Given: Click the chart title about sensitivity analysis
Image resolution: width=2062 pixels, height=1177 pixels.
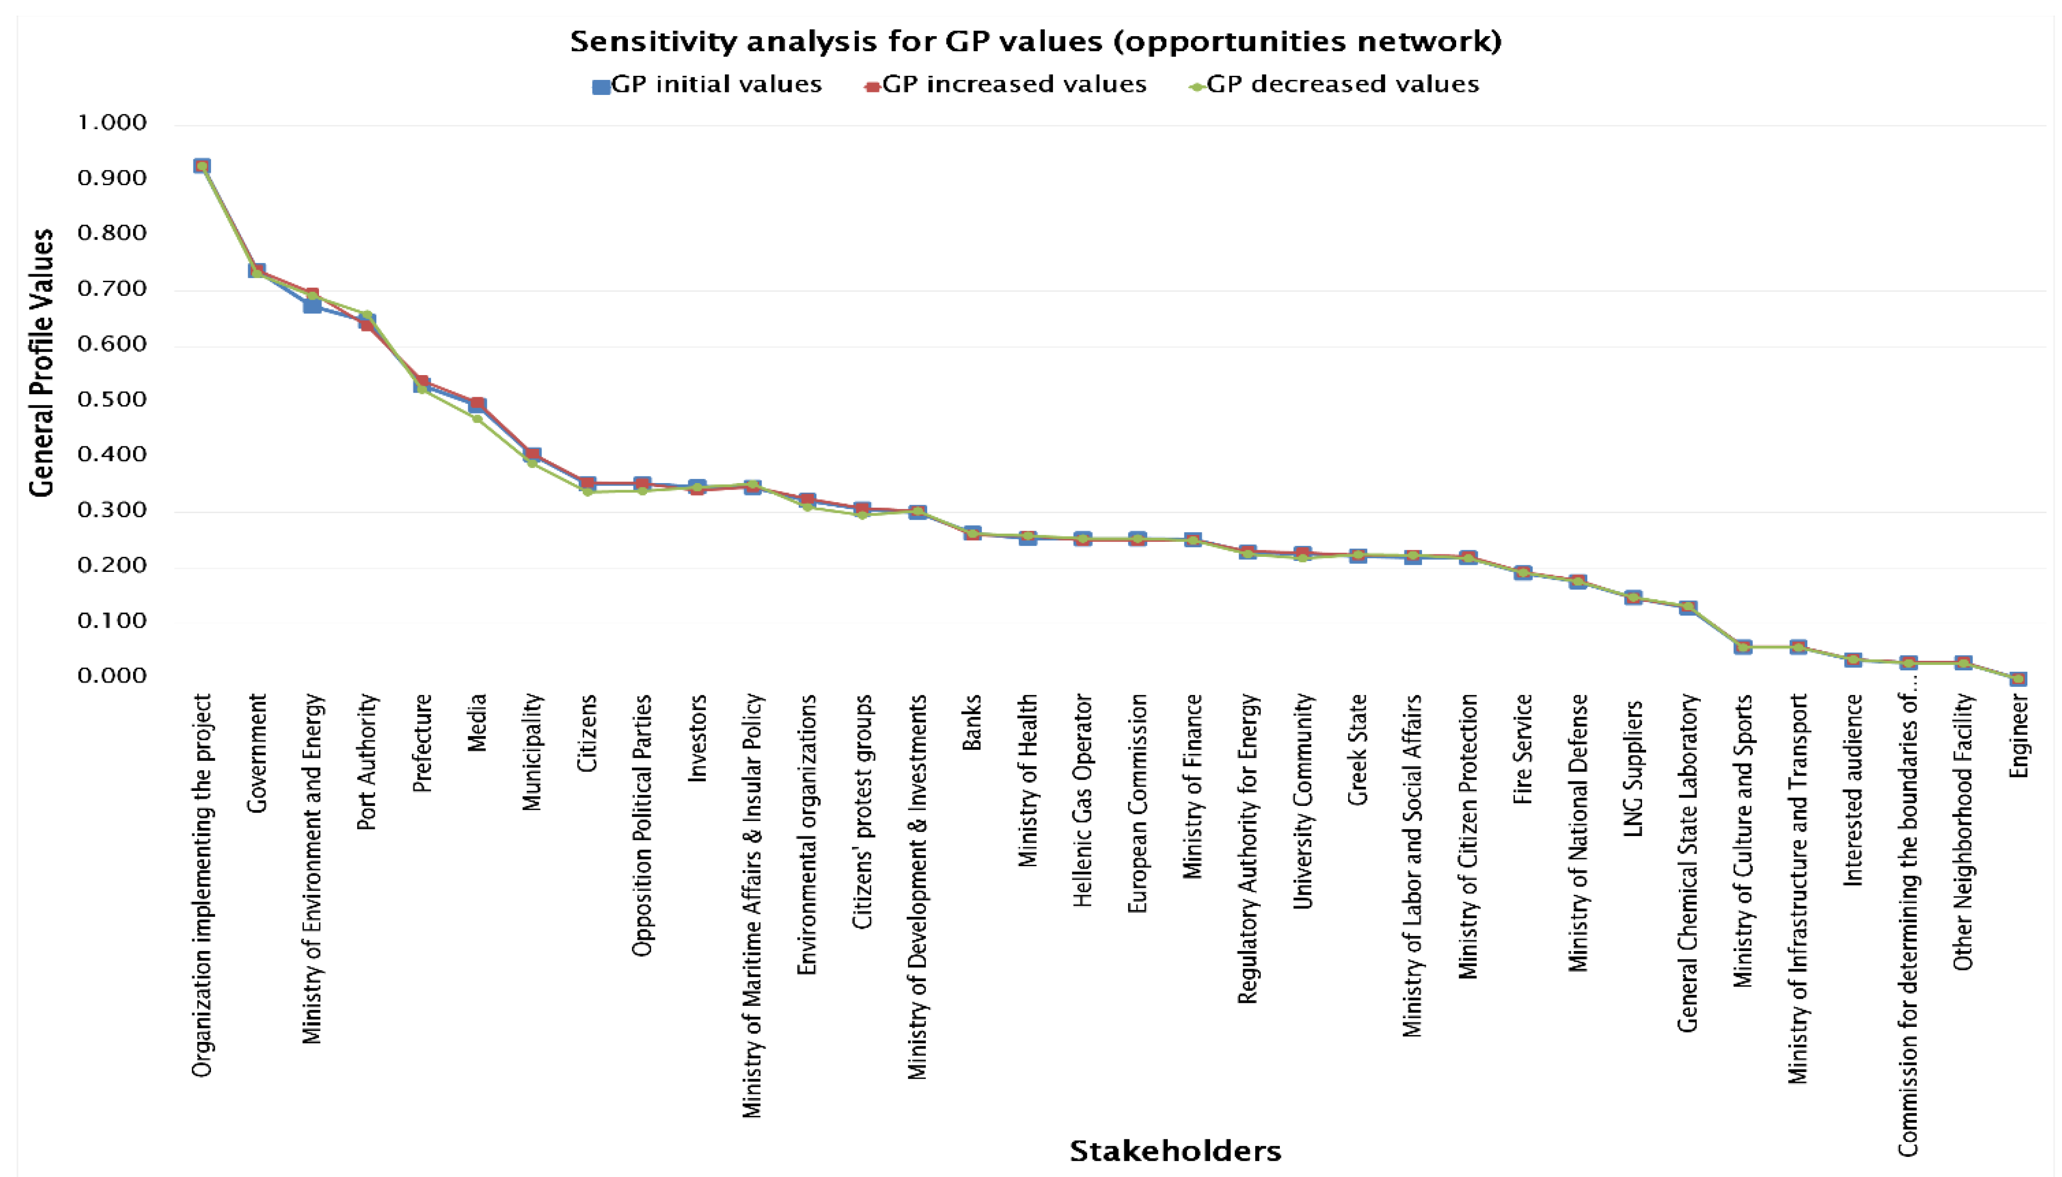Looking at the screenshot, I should (1035, 41).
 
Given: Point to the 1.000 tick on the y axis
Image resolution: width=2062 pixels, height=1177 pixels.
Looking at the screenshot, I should (113, 123).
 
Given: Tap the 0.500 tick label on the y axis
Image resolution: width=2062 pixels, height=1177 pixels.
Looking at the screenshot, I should (113, 399).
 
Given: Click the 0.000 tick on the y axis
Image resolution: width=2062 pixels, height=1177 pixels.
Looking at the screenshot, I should (113, 676).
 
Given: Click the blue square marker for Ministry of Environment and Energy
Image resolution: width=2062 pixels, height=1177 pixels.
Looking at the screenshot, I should (312, 305).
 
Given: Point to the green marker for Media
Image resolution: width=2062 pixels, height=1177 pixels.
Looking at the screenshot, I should (477, 418).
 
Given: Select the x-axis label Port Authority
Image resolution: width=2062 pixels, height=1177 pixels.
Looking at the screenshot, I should (367, 762).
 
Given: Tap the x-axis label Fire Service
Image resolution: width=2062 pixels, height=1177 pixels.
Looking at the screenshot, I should (1523, 749).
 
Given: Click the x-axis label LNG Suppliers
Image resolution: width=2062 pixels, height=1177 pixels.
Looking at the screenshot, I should (1634, 768).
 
